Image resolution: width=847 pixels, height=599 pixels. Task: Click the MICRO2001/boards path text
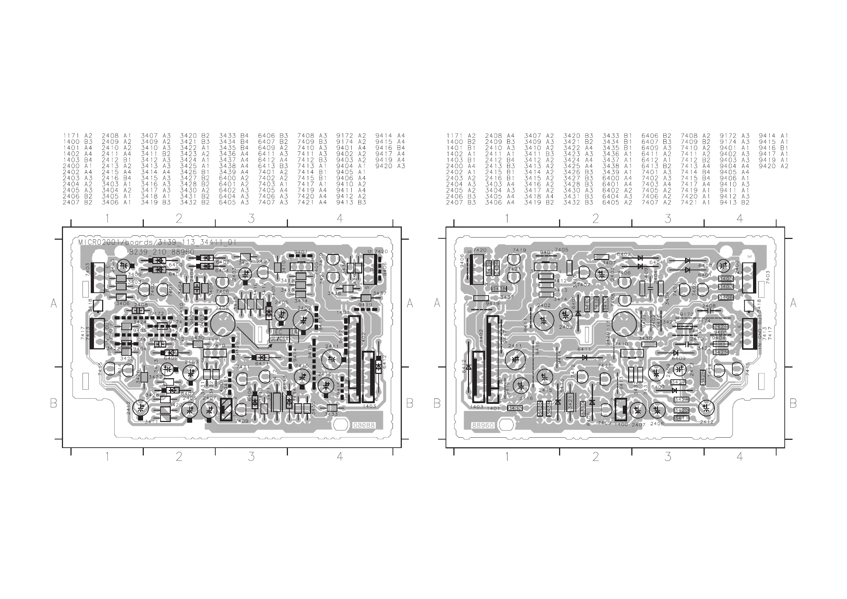tap(157, 243)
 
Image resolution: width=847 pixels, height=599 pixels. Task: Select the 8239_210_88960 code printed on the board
tap(162, 252)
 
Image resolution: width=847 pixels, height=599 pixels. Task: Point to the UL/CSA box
tap(279, 339)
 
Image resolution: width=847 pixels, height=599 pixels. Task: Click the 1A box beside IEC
tap(294, 332)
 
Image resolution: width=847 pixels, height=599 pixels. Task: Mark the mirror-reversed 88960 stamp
tap(364, 426)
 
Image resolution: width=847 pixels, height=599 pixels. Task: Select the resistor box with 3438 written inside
tap(499, 288)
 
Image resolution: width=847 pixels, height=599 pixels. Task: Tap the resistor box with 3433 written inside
tap(515, 408)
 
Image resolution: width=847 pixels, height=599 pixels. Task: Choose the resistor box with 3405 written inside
tap(726, 278)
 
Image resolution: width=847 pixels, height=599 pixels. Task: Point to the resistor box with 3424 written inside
tap(720, 327)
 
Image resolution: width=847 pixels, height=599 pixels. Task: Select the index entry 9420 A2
tap(773, 166)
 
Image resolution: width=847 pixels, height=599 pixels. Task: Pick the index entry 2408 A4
tap(500, 136)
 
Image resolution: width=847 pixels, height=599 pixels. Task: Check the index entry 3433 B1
tap(617, 136)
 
